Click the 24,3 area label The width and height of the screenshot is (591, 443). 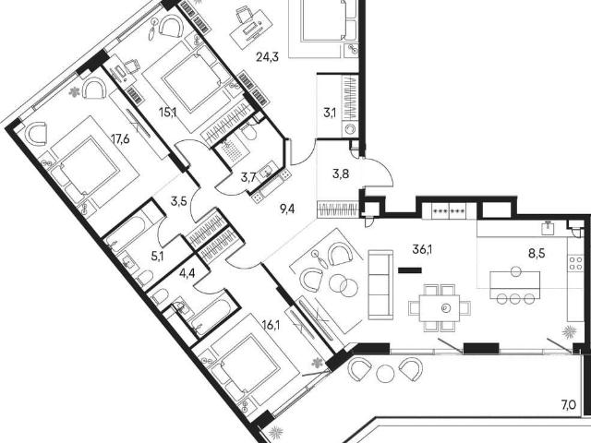267,57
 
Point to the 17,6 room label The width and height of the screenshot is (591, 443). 120,139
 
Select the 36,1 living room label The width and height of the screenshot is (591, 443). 422,249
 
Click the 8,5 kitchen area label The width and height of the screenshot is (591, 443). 537,253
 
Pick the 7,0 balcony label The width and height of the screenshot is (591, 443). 569,405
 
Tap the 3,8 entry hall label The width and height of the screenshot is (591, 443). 341,174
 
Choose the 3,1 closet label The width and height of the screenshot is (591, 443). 330,113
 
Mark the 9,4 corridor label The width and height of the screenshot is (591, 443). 287,209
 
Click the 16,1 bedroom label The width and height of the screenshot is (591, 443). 271,324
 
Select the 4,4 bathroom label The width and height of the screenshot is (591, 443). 187,273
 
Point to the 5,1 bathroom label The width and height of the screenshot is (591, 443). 158,257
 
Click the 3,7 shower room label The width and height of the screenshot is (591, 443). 248,176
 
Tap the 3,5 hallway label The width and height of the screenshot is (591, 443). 178,201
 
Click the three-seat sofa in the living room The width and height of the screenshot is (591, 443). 380,285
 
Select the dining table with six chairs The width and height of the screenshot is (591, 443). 440,307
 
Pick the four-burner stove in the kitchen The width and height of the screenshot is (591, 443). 575,262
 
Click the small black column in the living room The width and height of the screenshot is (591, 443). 410,269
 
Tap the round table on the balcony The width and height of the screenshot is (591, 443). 384,374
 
